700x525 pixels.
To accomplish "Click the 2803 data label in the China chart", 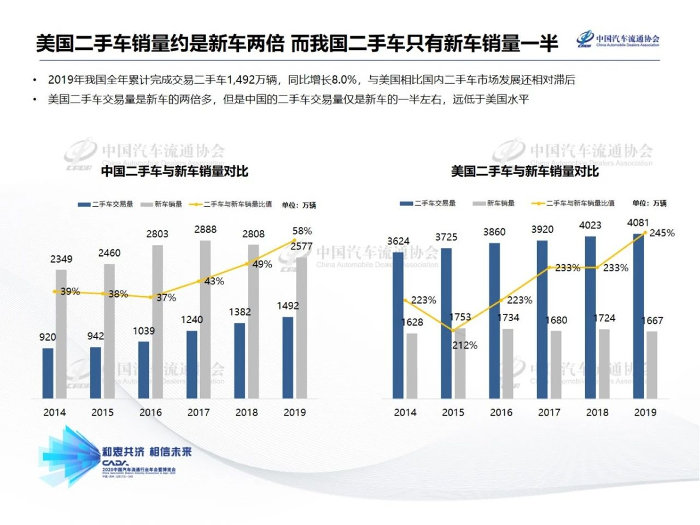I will coord(157,234).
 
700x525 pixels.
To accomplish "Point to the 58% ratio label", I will coord(302,231).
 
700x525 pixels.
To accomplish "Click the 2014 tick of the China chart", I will coord(55,412).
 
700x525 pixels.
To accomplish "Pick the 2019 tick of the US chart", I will coord(645,412).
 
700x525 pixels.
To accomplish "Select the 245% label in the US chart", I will coord(662,233).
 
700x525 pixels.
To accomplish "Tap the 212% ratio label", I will coord(465,345).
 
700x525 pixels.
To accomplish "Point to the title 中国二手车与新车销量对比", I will coord(174,171).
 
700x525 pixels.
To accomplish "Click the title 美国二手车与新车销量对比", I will coord(524,171).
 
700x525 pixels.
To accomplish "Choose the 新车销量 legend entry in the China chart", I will coord(162,205).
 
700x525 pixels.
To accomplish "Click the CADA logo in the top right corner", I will coord(617,40).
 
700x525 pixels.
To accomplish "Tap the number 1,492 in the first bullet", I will coord(241,80).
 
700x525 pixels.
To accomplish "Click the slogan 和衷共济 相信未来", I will coord(147,452).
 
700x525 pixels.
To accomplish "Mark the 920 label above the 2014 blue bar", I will coord(48,337).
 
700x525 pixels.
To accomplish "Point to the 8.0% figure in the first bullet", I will coord(344,80).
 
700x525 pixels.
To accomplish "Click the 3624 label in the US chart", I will coord(398,241).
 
